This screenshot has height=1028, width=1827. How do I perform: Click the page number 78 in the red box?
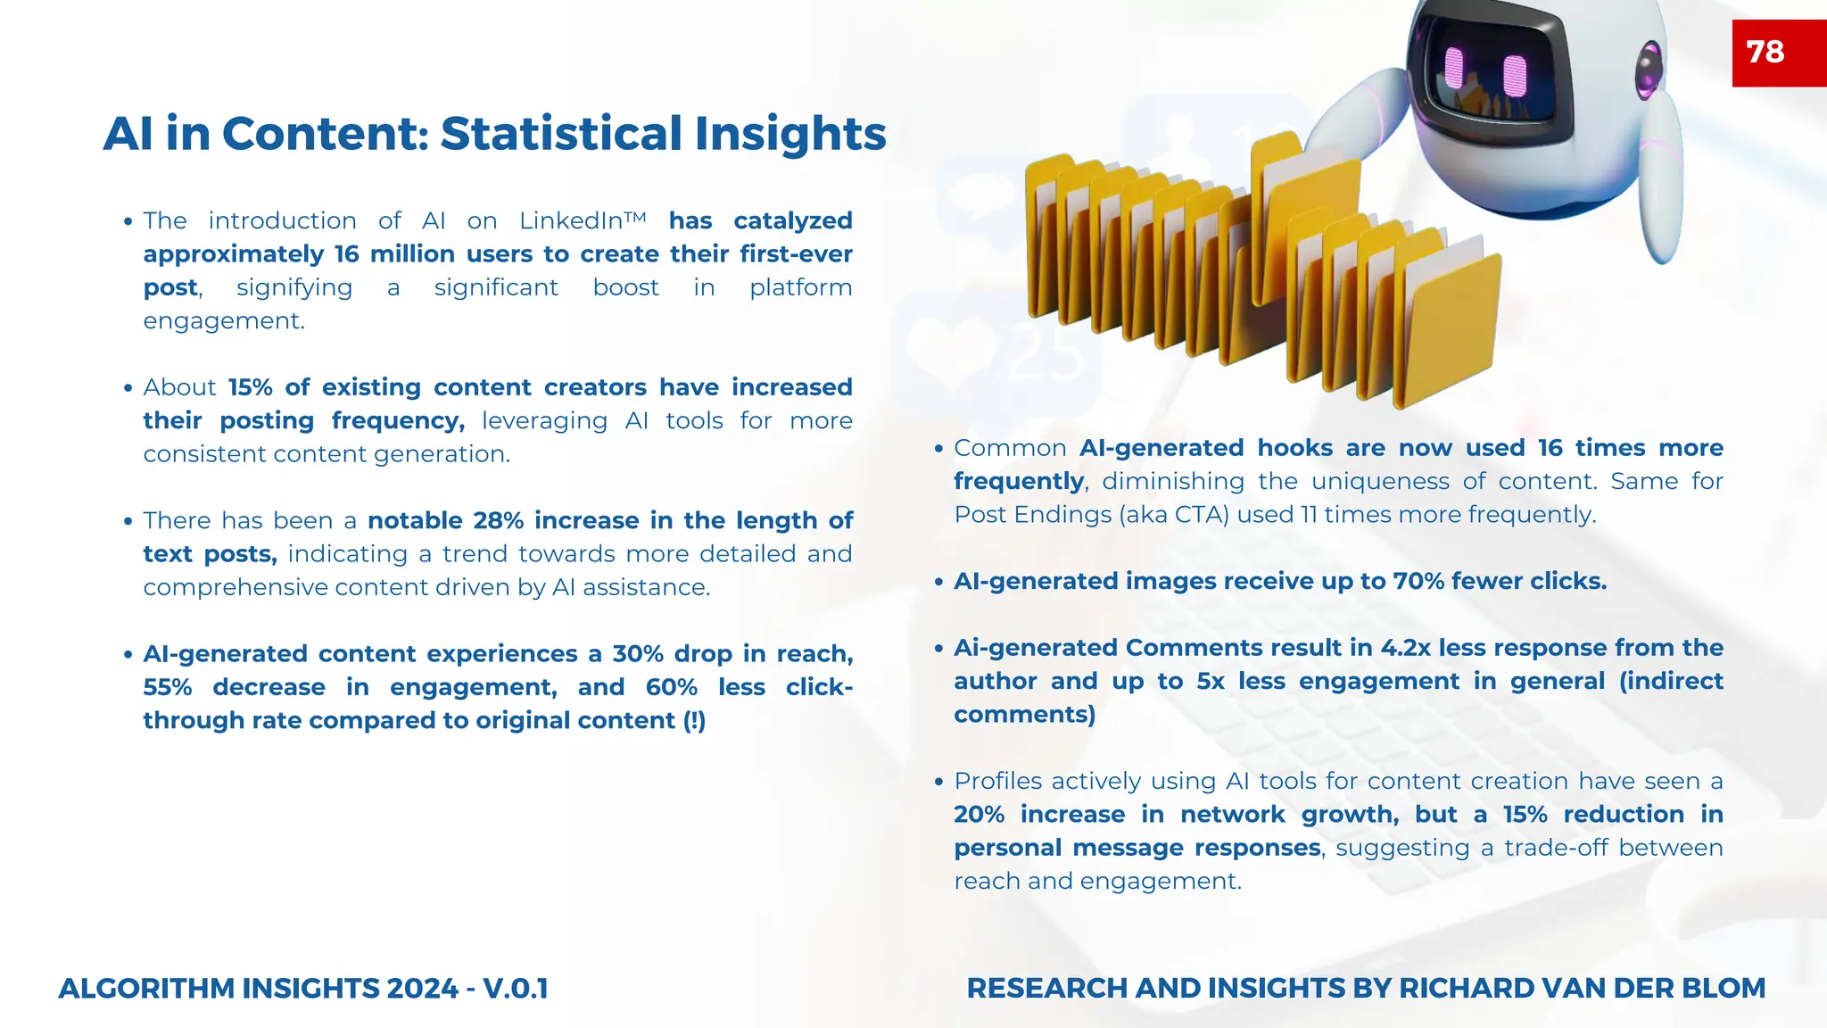click(1765, 52)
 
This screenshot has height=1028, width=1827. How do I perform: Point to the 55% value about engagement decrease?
click(168, 687)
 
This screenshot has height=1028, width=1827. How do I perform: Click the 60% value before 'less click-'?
click(672, 687)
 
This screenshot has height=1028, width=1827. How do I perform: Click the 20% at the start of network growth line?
click(979, 815)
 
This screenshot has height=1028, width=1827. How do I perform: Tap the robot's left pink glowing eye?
click(1453, 68)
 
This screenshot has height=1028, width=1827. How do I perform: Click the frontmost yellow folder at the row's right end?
click(1450, 330)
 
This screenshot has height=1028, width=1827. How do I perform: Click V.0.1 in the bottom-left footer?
click(515, 989)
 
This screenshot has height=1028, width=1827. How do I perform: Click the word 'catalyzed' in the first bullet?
click(793, 220)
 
